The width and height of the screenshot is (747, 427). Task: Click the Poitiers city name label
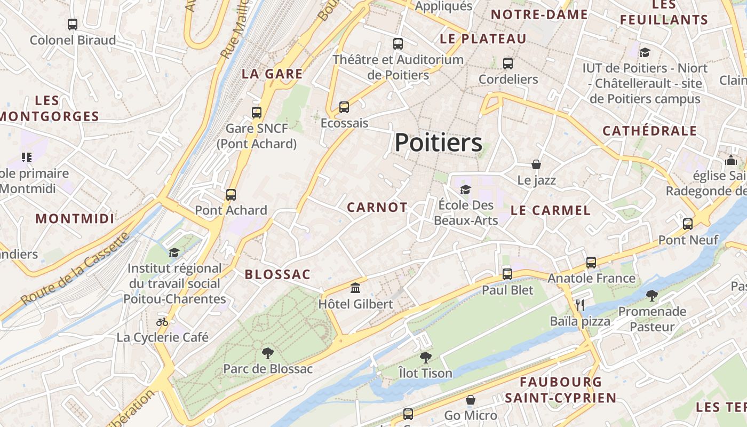click(439, 143)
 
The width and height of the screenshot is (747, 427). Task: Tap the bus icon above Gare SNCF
click(257, 112)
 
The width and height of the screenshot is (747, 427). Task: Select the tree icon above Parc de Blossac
click(267, 352)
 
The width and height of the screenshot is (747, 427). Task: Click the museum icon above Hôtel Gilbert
click(355, 288)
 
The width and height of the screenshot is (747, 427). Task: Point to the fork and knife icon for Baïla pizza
click(580, 305)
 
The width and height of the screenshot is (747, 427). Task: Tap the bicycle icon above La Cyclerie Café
click(162, 321)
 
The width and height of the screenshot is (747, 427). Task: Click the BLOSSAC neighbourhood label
click(277, 274)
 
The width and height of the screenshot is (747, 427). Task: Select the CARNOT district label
click(377, 208)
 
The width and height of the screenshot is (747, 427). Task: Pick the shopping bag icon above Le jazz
click(536, 164)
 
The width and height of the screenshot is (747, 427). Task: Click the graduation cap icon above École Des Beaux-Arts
click(466, 189)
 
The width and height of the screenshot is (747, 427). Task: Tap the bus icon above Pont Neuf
click(688, 224)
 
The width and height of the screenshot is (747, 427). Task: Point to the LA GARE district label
click(272, 74)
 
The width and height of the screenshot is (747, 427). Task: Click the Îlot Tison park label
click(426, 373)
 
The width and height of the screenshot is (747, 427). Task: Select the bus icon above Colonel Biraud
click(73, 24)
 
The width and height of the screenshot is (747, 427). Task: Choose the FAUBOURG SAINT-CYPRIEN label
click(560, 390)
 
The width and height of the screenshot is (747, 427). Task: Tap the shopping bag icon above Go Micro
click(471, 399)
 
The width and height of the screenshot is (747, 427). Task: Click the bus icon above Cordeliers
click(508, 64)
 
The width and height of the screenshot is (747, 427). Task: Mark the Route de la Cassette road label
click(75, 268)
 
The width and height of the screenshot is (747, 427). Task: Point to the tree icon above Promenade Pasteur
click(651, 295)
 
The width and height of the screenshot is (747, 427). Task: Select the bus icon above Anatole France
click(591, 262)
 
